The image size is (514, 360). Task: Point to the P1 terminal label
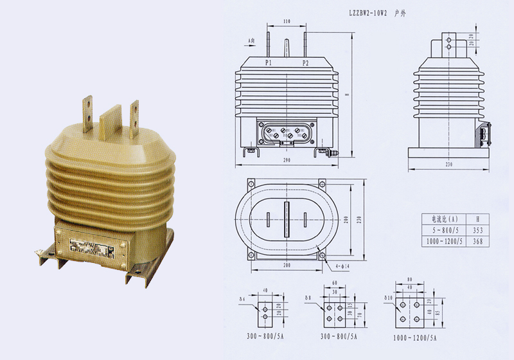[x=267, y=63]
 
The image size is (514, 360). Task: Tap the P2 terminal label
[x=305, y=63]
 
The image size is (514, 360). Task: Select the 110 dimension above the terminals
[x=286, y=22]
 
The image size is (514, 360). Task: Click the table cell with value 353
[x=477, y=230]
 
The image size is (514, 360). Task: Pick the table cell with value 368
[x=477, y=242]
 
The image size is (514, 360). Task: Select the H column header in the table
[x=477, y=218]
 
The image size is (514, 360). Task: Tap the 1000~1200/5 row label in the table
[x=443, y=242]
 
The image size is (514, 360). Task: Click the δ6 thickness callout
[x=242, y=298]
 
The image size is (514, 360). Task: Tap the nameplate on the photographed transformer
[x=89, y=248]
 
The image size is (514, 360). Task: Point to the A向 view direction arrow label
[x=252, y=40]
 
